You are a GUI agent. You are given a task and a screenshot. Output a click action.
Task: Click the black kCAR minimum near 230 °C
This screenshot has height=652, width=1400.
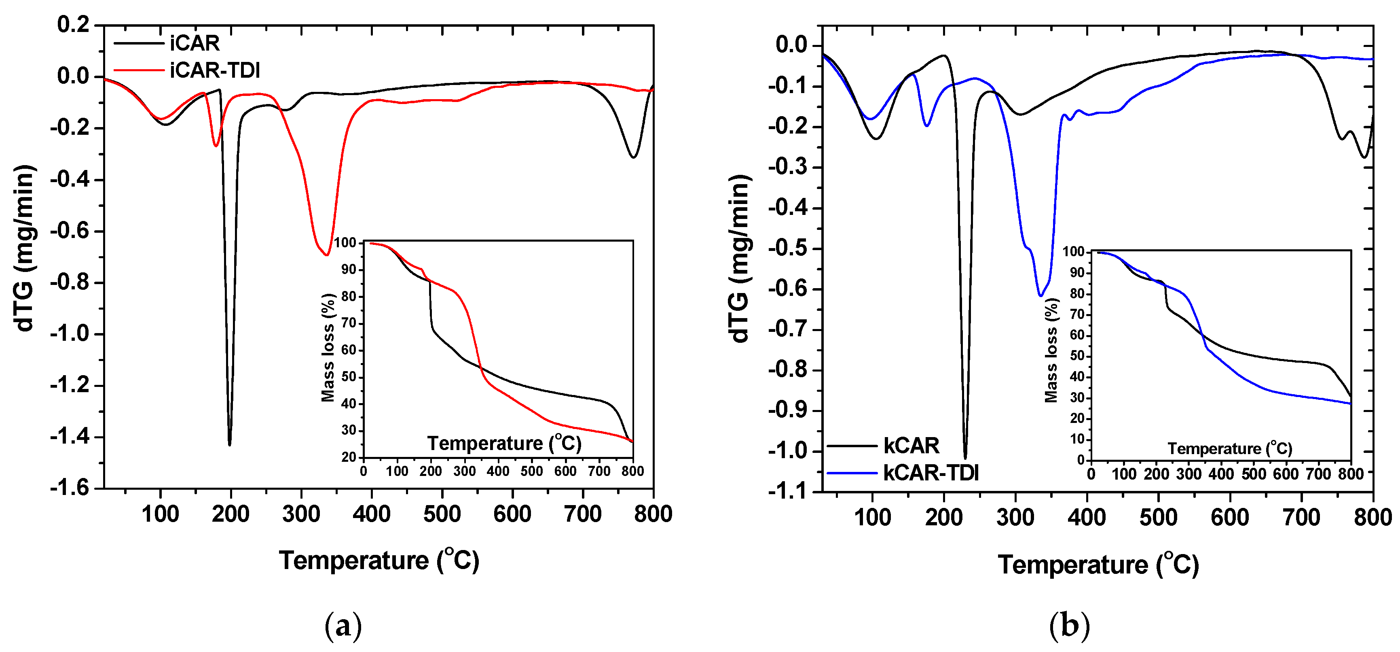point(965,457)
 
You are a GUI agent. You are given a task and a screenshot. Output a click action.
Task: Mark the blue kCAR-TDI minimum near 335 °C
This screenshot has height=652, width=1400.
point(1040,295)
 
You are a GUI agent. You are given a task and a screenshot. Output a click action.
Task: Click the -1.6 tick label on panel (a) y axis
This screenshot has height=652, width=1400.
point(69,488)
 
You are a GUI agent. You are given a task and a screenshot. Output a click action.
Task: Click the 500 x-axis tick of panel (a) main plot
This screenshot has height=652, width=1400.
point(442,514)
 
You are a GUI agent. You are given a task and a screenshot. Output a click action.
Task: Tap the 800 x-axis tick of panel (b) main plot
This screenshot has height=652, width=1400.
point(1372,517)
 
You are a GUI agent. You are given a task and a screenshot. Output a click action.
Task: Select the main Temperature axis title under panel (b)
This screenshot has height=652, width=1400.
point(1098,565)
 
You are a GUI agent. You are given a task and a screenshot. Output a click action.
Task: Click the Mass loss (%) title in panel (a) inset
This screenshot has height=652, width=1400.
point(328,348)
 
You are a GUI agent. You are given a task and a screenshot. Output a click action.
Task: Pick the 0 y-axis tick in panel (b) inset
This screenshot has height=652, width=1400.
point(1081,460)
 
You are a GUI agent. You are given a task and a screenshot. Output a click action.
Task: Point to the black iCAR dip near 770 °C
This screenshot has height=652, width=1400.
point(633,157)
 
